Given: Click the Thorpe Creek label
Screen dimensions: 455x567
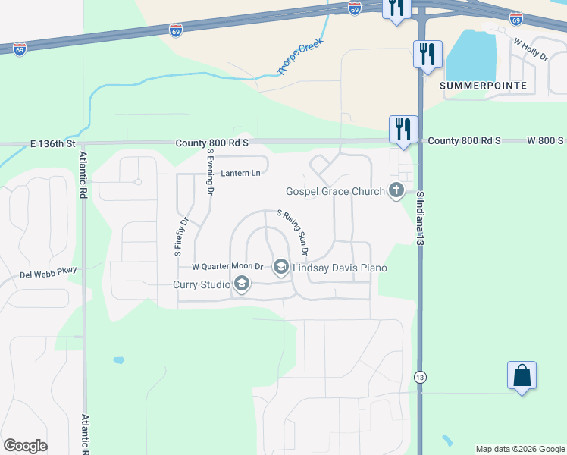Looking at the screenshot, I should (x=300, y=56).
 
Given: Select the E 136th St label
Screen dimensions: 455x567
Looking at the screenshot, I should (x=54, y=143).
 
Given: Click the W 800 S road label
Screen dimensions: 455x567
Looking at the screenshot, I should (x=545, y=141).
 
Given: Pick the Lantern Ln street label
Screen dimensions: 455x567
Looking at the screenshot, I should (x=240, y=174).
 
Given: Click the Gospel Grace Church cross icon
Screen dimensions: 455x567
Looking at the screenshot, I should (x=395, y=191).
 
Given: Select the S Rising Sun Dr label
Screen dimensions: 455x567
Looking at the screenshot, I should (x=293, y=232).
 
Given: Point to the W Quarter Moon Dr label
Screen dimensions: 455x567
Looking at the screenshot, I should (x=227, y=267).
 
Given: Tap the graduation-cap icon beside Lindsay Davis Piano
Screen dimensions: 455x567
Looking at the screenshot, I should (x=280, y=267).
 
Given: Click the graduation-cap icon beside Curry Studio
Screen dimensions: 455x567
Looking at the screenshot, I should (x=242, y=284).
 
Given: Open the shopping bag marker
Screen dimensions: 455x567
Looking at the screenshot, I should (x=522, y=375).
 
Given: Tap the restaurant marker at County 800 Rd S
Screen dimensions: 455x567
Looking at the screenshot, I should (x=402, y=129).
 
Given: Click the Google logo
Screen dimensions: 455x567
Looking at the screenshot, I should (x=25, y=446).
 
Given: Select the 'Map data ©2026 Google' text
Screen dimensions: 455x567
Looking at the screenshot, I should (x=520, y=449).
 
